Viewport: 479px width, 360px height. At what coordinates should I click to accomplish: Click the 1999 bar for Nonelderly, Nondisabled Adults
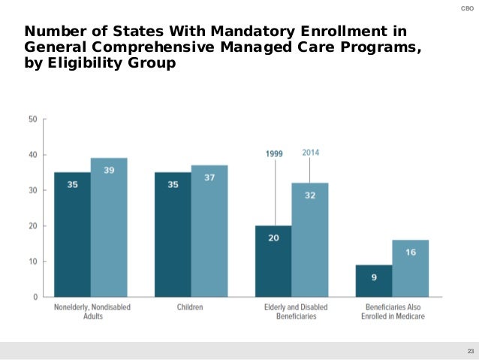click(x=72, y=234)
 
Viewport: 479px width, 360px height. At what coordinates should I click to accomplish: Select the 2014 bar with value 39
click(x=109, y=227)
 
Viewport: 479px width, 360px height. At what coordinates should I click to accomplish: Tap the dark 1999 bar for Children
click(x=173, y=234)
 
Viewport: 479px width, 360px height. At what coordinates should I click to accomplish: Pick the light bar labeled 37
click(x=209, y=231)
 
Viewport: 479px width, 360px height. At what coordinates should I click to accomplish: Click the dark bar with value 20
click(x=273, y=261)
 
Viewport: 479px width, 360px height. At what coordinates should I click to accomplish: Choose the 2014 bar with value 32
click(x=310, y=240)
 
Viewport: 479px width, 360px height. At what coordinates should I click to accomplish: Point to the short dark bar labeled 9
click(x=374, y=280)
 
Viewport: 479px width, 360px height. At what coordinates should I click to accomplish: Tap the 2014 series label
click(x=311, y=152)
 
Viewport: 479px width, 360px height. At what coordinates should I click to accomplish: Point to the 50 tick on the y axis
click(x=33, y=119)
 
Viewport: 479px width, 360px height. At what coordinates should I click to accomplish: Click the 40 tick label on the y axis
click(x=33, y=155)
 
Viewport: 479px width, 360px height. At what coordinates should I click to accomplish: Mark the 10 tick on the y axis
click(x=33, y=262)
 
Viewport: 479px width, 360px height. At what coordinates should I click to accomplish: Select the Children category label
click(x=191, y=307)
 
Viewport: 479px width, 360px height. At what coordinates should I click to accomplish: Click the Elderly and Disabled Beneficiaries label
click(x=292, y=312)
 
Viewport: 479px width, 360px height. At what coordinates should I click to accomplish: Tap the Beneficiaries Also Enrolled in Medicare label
click(x=393, y=312)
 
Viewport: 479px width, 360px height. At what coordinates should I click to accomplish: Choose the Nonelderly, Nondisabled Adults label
click(x=90, y=312)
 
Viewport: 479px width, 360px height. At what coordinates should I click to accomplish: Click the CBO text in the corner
click(x=465, y=8)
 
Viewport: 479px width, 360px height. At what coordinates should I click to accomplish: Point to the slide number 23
click(x=471, y=351)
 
